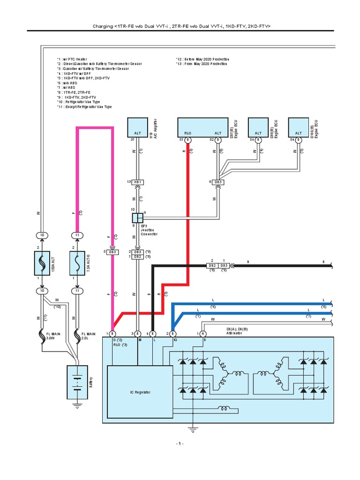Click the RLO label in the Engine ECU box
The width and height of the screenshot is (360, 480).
coord(187,133)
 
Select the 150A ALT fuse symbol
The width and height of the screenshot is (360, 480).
coord(42,262)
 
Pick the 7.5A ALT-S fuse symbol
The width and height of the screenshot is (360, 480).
coord(77,262)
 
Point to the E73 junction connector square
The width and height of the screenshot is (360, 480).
coord(137,218)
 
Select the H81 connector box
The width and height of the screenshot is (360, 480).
coord(138,182)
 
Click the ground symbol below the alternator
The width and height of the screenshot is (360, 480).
coord(192,428)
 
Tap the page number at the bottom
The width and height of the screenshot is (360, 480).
coord(180,443)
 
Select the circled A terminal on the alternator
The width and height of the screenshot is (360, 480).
coord(203,333)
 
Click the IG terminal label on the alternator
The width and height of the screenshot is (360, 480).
coord(174,339)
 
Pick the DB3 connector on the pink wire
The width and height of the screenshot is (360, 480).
coord(112,252)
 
